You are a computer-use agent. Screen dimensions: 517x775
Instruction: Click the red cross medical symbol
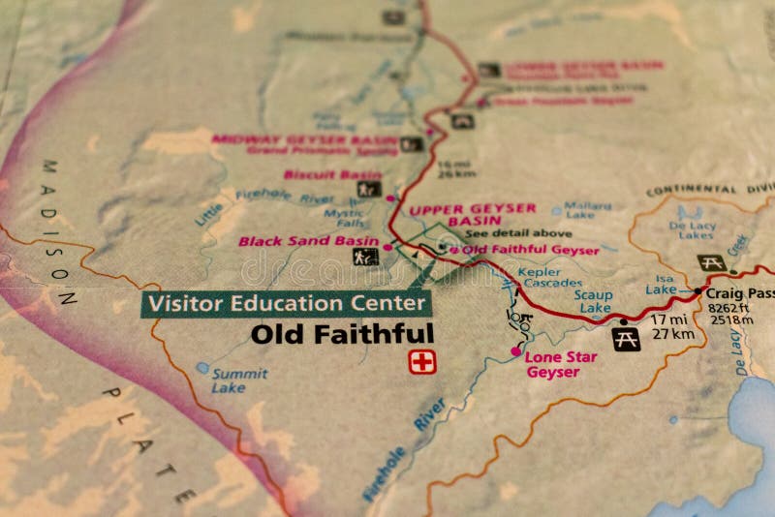(422, 362)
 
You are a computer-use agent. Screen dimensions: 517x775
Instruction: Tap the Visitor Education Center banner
(287, 303)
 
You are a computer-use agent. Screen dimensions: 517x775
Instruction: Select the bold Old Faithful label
(342, 334)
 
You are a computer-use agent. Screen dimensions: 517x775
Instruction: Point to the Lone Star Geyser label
(561, 364)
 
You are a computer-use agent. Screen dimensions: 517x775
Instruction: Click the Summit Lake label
(239, 380)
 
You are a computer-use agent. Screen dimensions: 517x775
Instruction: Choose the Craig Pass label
(739, 292)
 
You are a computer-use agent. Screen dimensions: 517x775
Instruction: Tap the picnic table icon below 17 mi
(626, 339)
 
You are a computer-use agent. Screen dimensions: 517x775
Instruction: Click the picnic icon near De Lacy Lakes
(712, 262)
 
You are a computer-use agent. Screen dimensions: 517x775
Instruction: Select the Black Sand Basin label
(308, 241)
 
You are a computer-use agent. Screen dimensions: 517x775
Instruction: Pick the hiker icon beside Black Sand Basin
(365, 257)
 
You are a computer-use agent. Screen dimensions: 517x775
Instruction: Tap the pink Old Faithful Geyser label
(530, 250)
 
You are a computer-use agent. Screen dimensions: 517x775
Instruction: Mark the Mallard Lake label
(587, 210)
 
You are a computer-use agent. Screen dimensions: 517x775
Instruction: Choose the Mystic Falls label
(343, 218)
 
